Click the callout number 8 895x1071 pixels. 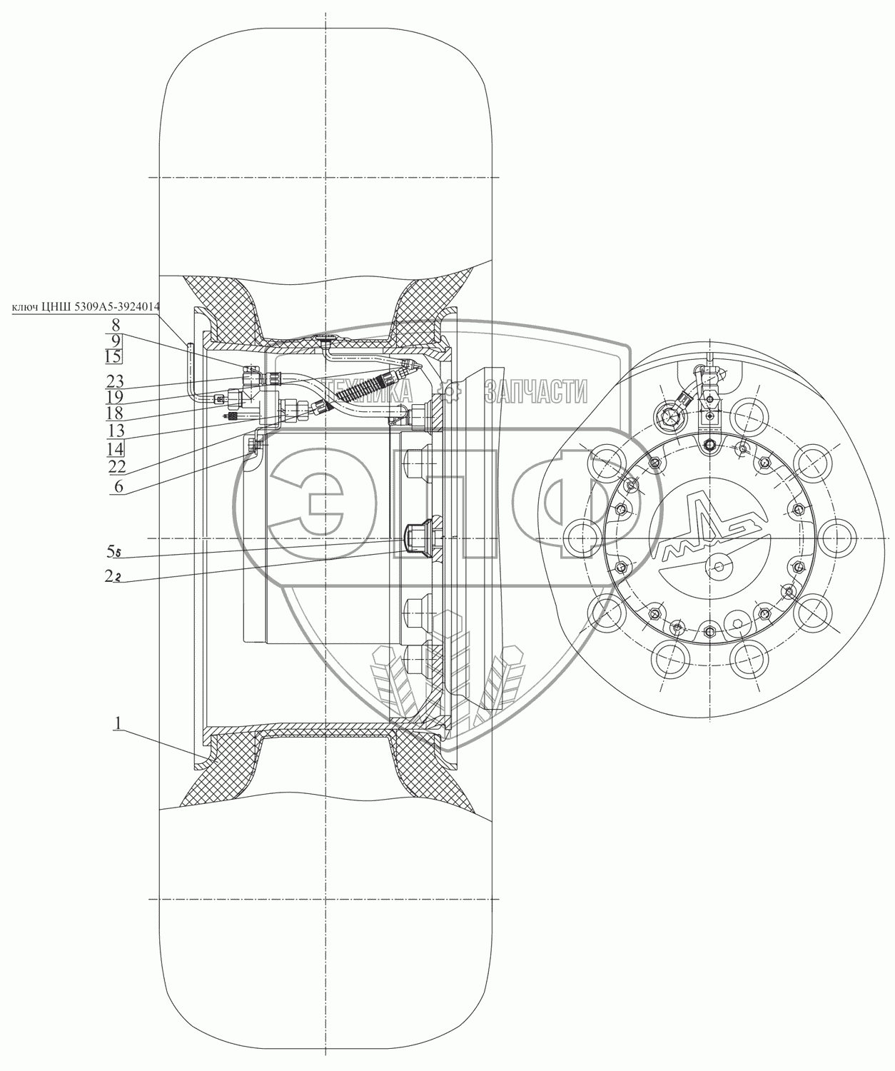point(116,323)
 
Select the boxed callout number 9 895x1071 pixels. point(116,340)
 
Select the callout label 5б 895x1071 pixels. point(113,552)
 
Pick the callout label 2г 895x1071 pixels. point(113,577)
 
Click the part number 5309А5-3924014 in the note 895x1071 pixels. point(113,308)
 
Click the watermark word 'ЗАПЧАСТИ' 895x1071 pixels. point(535,391)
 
